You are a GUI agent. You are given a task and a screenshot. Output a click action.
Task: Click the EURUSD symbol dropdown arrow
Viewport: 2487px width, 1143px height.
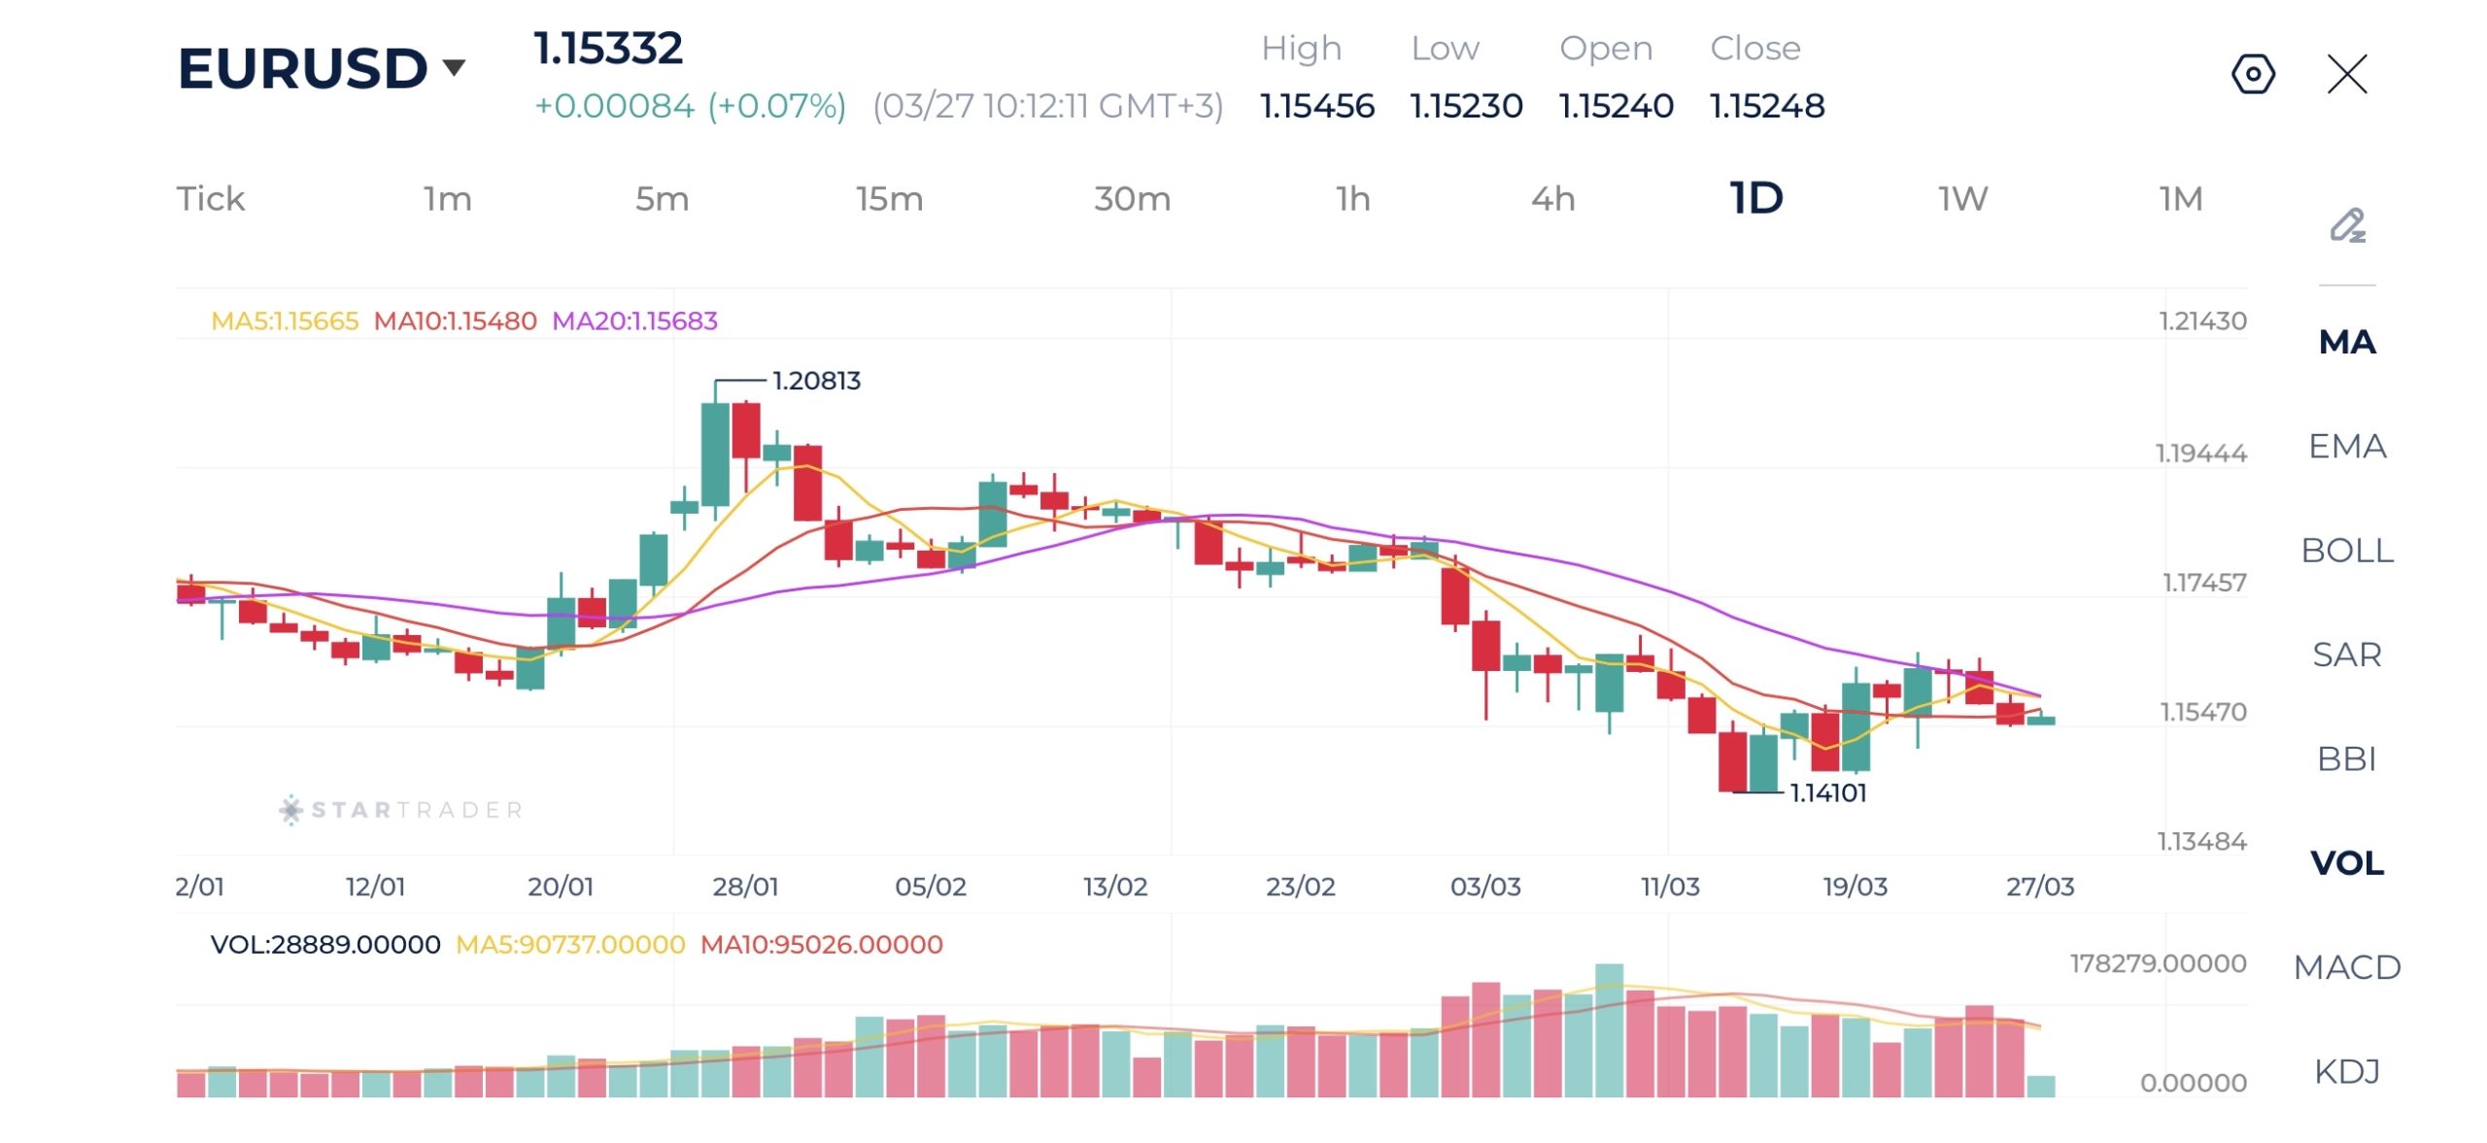coord(454,67)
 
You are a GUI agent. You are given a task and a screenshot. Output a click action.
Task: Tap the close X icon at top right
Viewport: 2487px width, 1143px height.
coord(2347,74)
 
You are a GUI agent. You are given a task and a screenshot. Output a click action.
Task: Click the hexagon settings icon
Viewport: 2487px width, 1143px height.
coord(2253,74)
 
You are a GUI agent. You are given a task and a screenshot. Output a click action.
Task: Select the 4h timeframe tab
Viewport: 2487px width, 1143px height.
coord(1552,198)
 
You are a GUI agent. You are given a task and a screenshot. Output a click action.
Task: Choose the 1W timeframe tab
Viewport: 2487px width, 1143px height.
coord(1962,198)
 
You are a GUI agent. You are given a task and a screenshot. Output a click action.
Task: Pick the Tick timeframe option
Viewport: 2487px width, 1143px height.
coord(210,198)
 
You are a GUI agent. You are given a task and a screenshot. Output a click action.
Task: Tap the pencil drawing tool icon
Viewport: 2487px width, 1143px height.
coord(2347,225)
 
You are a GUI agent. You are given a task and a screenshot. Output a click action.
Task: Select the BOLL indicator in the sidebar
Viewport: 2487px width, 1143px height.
coord(2347,550)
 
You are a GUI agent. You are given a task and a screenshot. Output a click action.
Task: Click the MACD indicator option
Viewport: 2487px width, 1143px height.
coord(2347,966)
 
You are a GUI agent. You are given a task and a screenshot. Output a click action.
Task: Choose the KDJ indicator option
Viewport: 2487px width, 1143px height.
coord(2347,1070)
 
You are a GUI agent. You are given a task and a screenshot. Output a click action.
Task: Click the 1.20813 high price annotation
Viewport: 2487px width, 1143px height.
coord(816,381)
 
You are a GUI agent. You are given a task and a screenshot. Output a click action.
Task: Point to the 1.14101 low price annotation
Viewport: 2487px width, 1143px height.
coord(1827,792)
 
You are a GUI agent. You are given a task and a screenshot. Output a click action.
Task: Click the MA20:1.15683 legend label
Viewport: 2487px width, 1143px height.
coord(634,320)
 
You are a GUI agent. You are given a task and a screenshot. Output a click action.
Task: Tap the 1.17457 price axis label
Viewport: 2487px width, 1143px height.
coord(2203,583)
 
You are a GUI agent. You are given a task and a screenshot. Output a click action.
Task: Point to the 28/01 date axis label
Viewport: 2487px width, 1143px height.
coord(745,886)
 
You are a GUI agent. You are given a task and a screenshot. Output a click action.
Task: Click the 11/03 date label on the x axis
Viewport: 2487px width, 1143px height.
coord(1670,886)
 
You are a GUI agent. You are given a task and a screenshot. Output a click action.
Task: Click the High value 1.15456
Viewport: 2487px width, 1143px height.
coord(1316,105)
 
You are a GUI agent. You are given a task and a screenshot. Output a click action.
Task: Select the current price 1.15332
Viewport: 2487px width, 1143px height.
coord(608,49)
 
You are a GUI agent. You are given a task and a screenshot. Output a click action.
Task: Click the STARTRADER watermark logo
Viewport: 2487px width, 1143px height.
coord(401,809)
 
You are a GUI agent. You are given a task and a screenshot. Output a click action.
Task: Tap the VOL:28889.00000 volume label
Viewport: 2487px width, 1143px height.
coord(325,944)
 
